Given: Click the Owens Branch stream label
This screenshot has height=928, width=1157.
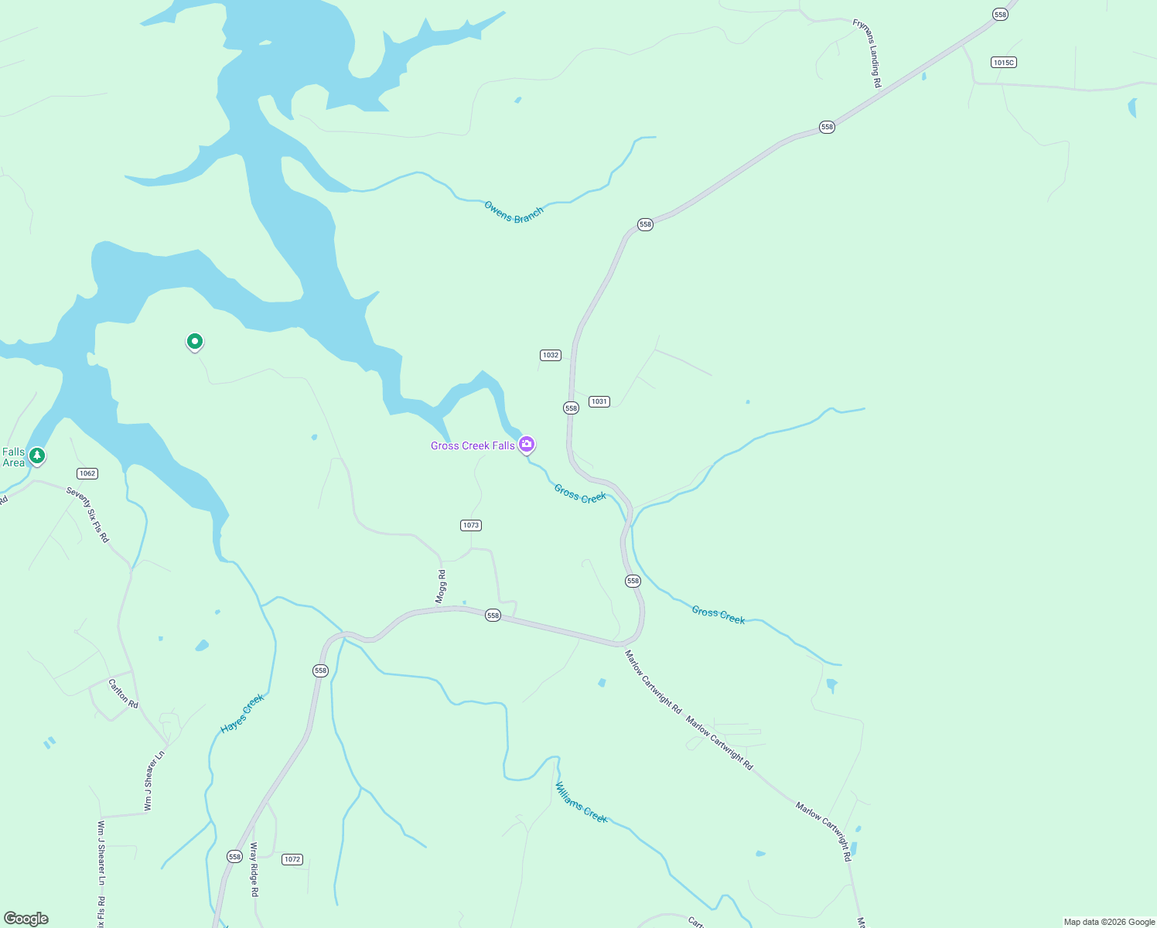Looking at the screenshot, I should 514,212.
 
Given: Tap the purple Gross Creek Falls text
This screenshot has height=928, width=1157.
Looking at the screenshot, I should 473,445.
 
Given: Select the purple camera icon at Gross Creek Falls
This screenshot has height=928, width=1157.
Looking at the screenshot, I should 527,444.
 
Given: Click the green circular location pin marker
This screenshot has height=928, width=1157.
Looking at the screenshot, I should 195,341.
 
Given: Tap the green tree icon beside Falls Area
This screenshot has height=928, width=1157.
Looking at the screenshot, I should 36,455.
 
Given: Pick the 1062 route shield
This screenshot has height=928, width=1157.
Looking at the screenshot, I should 87,473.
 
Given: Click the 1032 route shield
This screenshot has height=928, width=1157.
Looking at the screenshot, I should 550,355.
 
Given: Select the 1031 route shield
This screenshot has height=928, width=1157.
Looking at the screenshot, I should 599,401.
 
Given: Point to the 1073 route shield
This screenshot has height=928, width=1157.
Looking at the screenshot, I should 471,525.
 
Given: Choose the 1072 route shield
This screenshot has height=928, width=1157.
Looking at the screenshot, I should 292,859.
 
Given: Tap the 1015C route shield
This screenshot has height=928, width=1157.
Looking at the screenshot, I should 1003,62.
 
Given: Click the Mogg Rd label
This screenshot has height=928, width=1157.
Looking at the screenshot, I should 441,586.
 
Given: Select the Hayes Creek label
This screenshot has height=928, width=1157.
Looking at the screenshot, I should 243,713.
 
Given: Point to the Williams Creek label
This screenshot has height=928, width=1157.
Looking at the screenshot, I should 582,803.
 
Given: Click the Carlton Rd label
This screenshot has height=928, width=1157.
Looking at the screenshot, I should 123,694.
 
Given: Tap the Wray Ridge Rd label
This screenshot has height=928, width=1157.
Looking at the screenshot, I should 254,869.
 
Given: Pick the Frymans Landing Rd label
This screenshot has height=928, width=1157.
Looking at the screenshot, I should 866,53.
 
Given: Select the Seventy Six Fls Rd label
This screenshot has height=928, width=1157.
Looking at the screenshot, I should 87,514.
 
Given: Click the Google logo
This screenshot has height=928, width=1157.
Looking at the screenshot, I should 26,919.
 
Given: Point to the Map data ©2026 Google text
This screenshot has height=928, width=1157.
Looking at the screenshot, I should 1109,922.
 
